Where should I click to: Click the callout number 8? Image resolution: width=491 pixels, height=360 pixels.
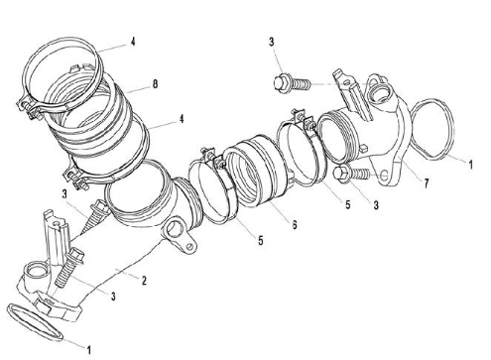155,84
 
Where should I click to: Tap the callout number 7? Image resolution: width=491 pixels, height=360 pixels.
427,183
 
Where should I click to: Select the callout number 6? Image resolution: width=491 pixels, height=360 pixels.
295,224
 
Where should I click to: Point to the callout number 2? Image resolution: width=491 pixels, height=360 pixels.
144,281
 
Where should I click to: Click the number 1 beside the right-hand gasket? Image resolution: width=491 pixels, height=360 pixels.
471,165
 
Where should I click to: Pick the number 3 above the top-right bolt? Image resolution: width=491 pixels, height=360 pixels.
272,42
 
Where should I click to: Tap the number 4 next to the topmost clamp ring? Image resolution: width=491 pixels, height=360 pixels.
133,42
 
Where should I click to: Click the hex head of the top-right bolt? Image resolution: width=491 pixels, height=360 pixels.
282,82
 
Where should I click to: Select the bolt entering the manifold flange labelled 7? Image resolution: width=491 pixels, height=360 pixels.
351,175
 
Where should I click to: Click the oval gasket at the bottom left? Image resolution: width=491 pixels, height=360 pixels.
34,321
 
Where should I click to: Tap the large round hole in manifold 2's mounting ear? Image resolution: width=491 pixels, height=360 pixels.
175,228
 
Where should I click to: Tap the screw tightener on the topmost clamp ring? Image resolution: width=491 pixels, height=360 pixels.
29,108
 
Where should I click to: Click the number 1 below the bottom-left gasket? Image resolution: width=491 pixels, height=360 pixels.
88,349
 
